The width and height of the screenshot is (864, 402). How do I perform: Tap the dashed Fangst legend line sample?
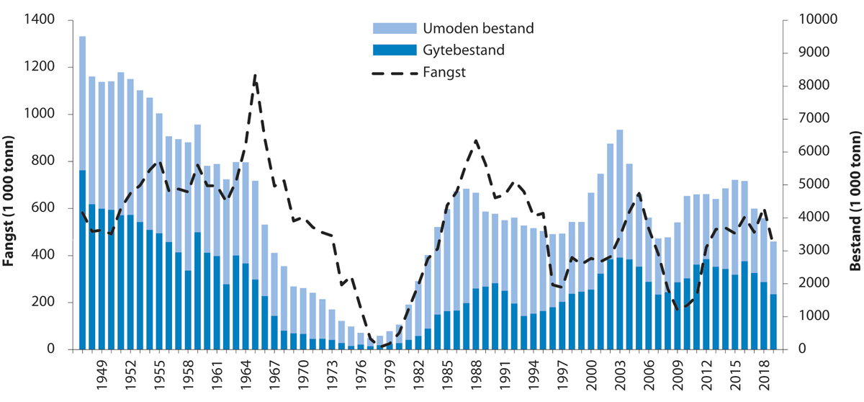coord(395,72)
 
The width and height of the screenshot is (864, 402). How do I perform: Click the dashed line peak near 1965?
coord(255,75)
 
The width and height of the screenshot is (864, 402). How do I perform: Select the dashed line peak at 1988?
coord(475,140)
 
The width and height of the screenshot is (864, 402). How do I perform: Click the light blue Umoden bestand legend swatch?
coord(395,29)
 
